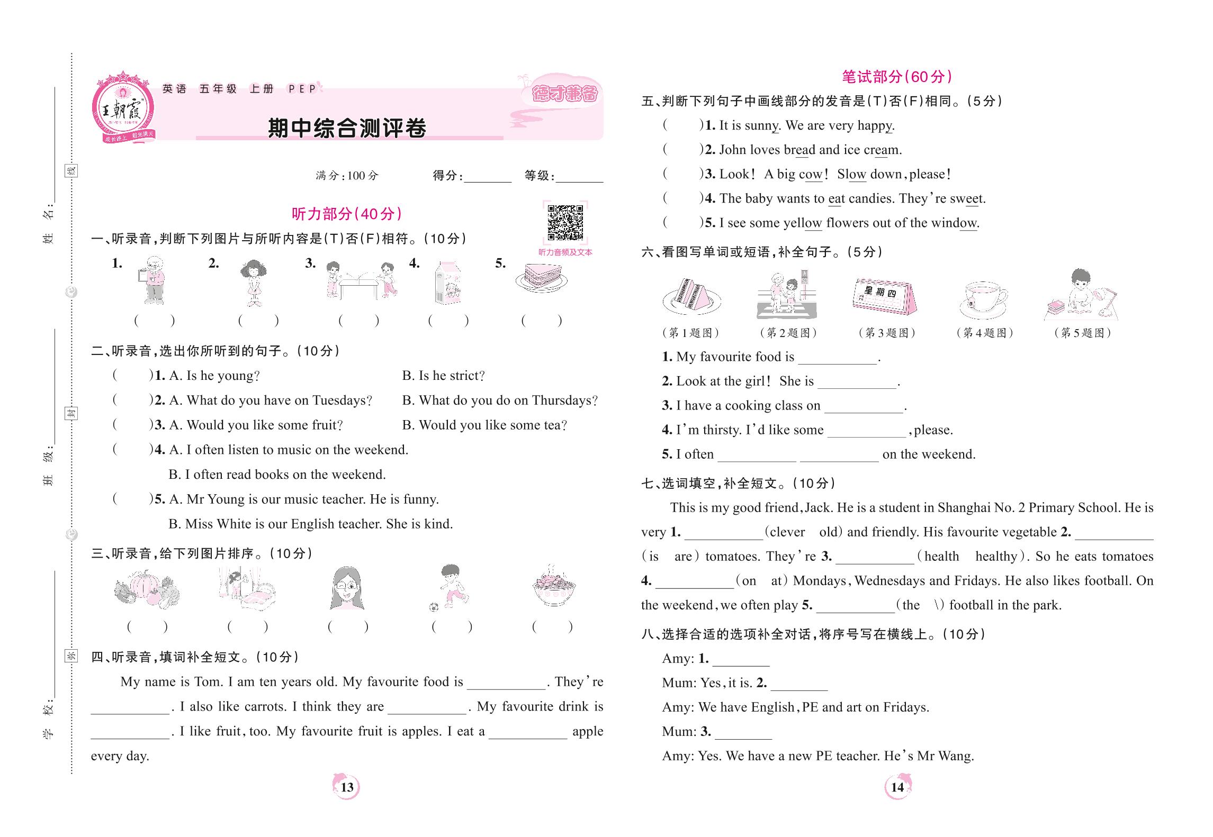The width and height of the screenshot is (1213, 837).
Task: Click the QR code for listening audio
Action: (x=565, y=223)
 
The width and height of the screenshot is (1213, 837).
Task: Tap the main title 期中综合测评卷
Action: (x=347, y=128)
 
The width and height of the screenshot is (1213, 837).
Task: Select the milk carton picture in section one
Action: (x=447, y=283)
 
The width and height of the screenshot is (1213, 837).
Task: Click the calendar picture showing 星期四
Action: (x=884, y=296)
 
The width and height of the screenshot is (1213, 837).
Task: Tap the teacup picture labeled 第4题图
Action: (x=984, y=299)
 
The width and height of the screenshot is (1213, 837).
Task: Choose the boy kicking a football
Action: (x=451, y=587)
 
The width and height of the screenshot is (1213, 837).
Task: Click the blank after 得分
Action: (x=487, y=176)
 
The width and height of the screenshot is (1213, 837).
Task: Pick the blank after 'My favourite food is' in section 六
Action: (x=837, y=358)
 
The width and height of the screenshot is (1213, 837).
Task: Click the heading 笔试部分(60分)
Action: (x=897, y=77)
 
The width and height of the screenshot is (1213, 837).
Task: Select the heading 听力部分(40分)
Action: (x=347, y=214)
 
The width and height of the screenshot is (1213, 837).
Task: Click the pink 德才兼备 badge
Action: (x=564, y=94)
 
